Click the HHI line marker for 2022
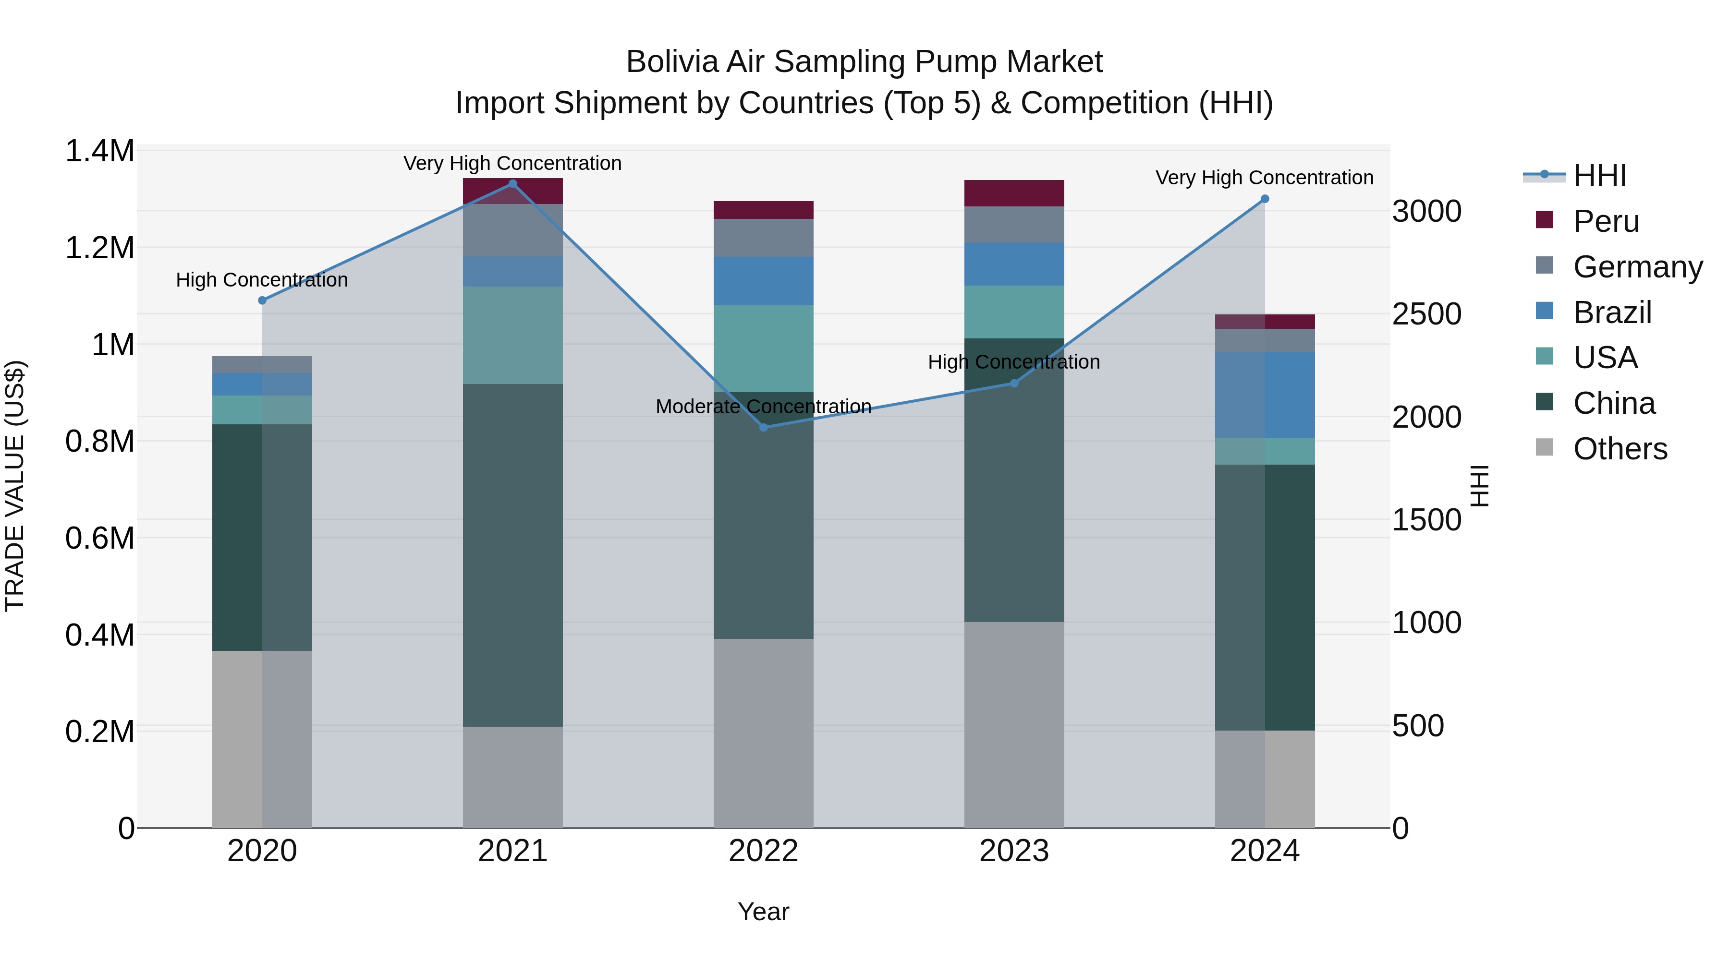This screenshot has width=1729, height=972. click(x=763, y=427)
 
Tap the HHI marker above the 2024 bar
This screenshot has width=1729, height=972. click(x=1265, y=199)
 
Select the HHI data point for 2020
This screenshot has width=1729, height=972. click(x=262, y=300)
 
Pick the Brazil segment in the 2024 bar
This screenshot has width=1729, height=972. click(x=1265, y=395)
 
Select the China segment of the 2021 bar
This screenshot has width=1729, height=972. click(x=513, y=555)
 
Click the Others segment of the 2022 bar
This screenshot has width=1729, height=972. click(x=763, y=732)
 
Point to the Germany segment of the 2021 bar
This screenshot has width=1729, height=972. click(x=513, y=230)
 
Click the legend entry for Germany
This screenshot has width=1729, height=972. click(x=1637, y=267)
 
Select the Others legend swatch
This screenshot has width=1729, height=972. click(x=1545, y=447)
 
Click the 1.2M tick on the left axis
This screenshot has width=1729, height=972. click(x=99, y=248)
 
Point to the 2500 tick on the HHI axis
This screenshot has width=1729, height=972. click(x=1426, y=314)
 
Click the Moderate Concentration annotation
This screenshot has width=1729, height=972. click(x=763, y=407)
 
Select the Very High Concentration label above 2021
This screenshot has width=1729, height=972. click(x=513, y=163)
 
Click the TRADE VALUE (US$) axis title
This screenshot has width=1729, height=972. click(x=15, y=486)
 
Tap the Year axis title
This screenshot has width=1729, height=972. click(x=763, y=912)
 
